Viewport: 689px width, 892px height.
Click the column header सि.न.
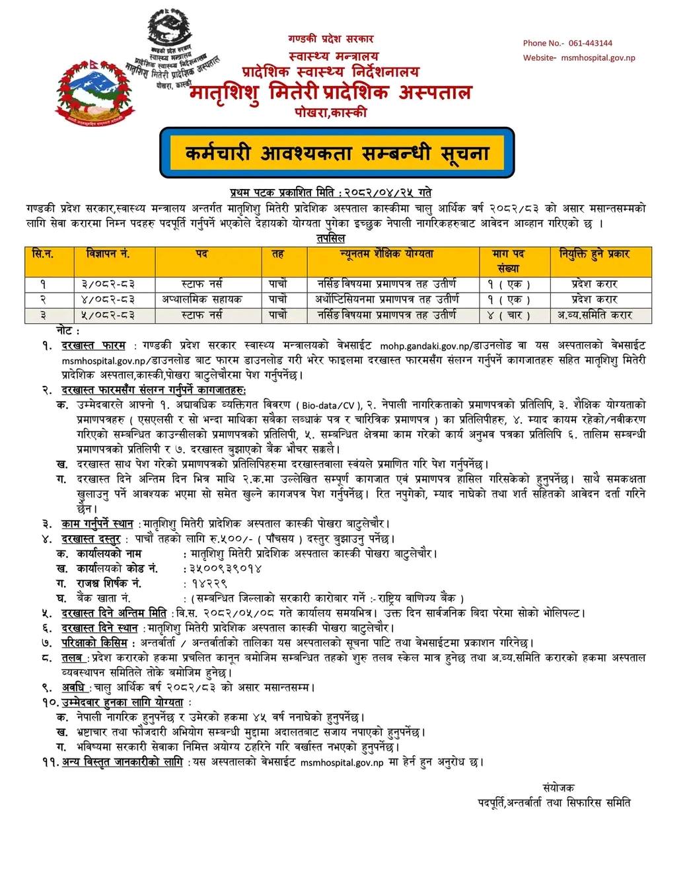[43, 254]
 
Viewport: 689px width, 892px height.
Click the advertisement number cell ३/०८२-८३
[108, 284]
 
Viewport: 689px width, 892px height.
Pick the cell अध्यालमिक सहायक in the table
[202, 299]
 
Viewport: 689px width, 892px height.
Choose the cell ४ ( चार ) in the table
[509, 315]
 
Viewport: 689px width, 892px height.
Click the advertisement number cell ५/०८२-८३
[108, 315]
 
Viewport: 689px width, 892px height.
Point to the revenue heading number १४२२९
[209, 583]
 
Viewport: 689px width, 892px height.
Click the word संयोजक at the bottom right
[558, 788]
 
